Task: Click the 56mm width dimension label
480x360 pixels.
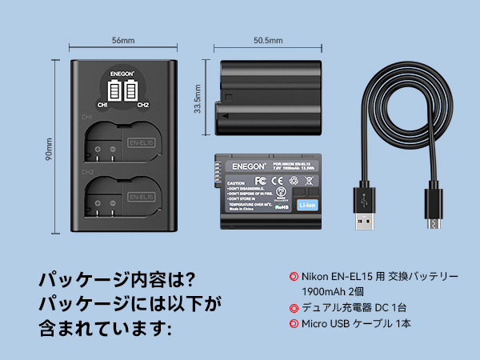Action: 123,39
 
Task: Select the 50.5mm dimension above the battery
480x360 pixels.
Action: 267,39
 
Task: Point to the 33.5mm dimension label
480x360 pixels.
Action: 198,94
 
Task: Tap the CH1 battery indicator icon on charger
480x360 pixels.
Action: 113,90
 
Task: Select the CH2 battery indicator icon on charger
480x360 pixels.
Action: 133,90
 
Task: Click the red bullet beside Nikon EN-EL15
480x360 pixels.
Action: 294,276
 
